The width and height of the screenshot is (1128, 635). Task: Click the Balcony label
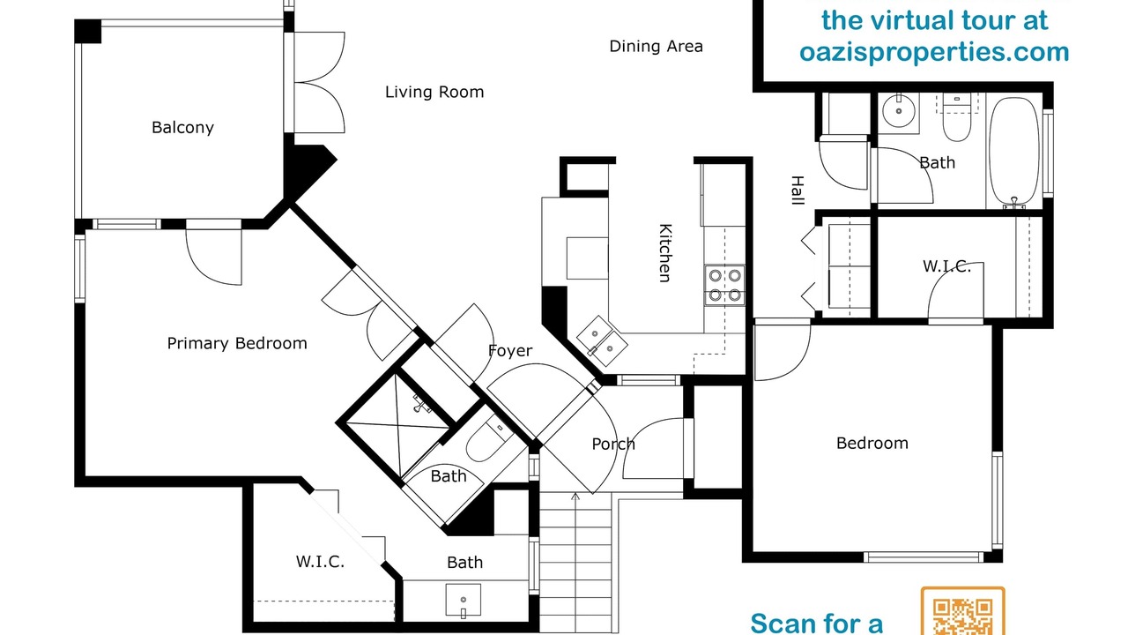(182, 128)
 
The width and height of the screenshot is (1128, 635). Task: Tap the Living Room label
(434, 92)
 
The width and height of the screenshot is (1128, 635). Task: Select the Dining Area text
(657, 47)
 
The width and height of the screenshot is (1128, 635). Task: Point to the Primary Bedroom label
(237, 343)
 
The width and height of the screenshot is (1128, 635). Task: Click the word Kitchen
(665, 253)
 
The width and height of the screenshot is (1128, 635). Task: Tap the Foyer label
(510, 351)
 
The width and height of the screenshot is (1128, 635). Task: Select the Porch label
(613, 444)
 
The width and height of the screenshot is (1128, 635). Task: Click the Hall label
(798, 190)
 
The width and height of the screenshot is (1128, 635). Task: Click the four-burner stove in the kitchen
(724, 285)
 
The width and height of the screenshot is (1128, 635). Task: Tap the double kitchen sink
(602, 340)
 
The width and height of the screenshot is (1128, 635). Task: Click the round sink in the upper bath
(898, 111)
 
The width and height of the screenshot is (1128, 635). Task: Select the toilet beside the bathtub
(957, 117)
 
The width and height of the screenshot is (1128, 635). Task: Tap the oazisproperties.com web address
(934, 52)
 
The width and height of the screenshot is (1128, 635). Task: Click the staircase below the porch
(575, 562)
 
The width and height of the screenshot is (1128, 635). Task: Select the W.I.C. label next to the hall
(946, 266)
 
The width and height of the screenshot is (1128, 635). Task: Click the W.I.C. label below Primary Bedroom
(320, 562)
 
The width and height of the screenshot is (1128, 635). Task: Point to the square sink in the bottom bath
(463, 601)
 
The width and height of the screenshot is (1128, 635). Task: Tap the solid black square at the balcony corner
(87, 31)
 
